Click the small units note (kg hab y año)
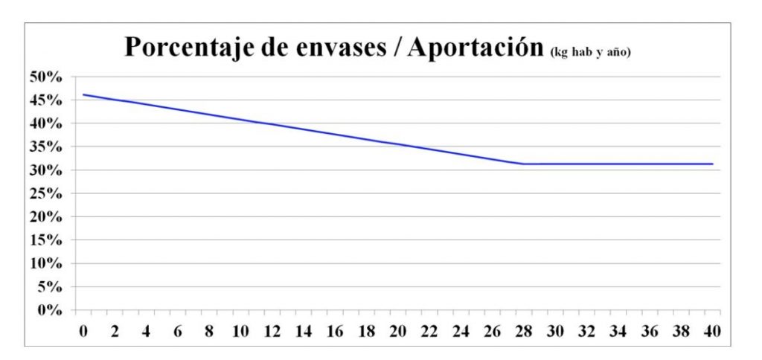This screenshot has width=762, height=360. [x=590, y=52]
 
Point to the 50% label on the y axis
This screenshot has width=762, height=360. [x=47, y=77]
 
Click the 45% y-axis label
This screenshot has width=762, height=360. [x=47, y=100]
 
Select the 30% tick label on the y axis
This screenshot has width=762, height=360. [x=47, y=170]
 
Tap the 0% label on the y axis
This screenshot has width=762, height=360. [x=51, y=310]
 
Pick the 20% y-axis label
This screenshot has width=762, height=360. [x=47, y=217]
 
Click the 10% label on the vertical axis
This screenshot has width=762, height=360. [x=47, y=263]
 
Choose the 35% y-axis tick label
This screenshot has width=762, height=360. [x=47, y=147]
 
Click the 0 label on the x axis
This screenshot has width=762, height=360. [x=83, y=330]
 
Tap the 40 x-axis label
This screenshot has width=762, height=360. [x=712, y=330]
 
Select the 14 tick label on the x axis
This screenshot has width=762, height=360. [x=304, y=330]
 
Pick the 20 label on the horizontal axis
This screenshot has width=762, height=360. [x=397, y=330]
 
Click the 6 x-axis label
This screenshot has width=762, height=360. [x=178, y=330]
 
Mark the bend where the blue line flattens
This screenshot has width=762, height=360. [x=523, y=164]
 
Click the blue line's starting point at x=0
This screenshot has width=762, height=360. [x=83, y=94]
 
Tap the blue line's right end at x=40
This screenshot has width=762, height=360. [x=712, y=164]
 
